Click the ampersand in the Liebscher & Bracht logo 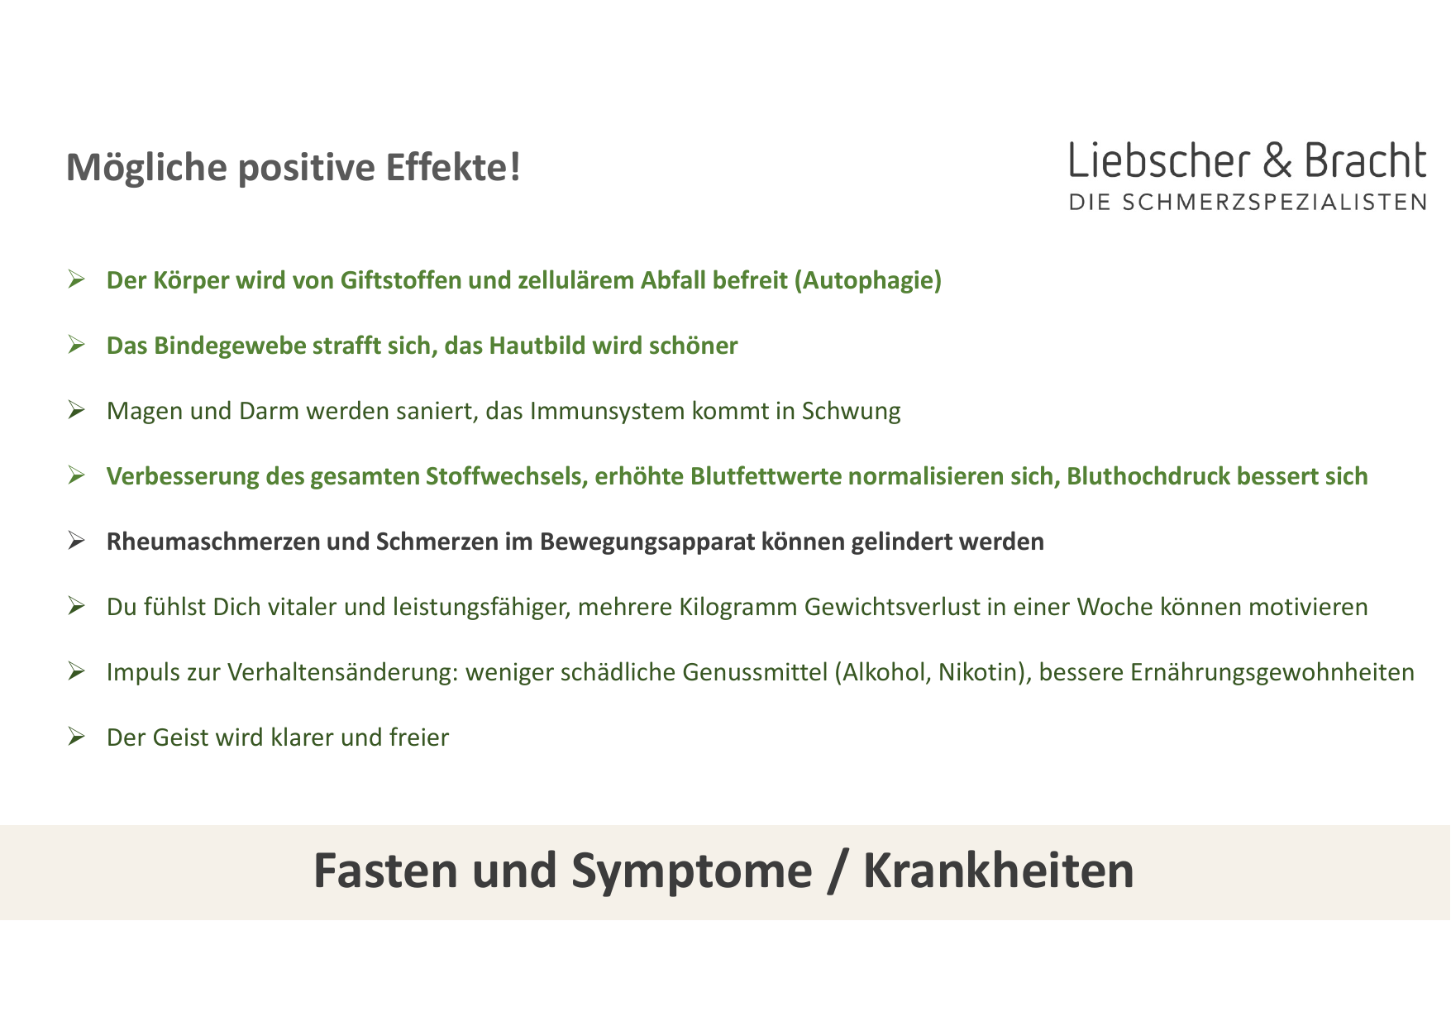(x=1277, y=160)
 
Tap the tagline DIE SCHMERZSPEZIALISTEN (x=1248, y=203)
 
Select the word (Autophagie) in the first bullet (x=868, y=281)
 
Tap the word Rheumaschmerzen (x=213, y=542)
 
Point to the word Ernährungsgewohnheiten (x=1272, y=673)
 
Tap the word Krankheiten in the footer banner (x=999, y=871)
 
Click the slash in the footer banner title (x=838, y=872)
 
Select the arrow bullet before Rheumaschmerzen (x=76, y=542)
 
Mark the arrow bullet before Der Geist (x=76, y=737)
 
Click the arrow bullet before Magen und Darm (x=76, y=410)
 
